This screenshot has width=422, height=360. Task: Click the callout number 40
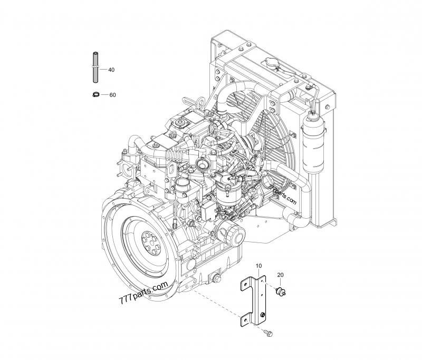(x=111, y=70)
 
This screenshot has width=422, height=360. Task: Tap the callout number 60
(x=112, y=95)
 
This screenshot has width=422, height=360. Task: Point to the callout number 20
(x=280, y=275)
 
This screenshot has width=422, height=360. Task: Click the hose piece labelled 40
(x=96, y=66)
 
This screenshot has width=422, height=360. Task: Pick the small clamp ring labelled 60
(x=95, y=94)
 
